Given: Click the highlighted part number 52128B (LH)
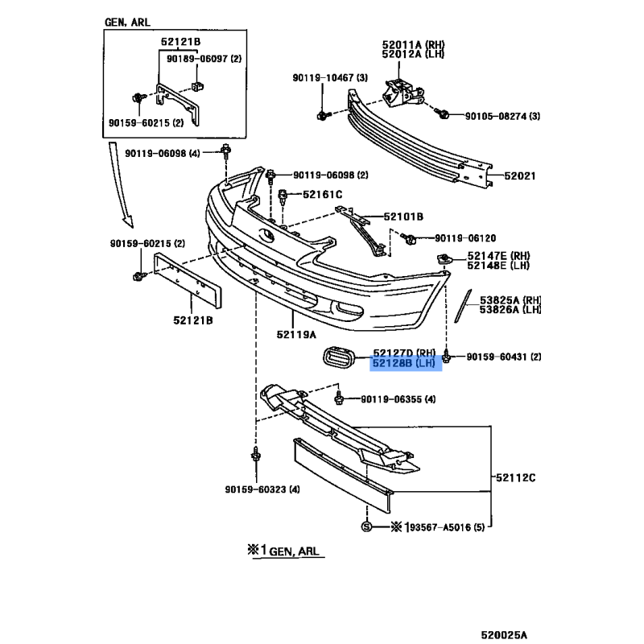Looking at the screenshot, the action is tap(404, 363).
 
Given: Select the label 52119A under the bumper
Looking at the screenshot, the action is tap(296, 335).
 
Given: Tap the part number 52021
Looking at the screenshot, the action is tap(519, 175).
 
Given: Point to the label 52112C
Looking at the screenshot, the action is tap(515, 477).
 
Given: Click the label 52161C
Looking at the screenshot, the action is tap(323, 194).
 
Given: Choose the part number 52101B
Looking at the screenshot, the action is tap(403, 217).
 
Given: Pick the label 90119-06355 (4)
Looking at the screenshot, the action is tap(398, 399).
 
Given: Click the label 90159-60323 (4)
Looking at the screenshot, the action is tap(262, 489).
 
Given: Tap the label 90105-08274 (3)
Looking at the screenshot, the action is tap(502, 116).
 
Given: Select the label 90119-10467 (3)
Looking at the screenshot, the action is tap(330, 77).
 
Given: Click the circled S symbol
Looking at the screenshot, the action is tap(366, 526).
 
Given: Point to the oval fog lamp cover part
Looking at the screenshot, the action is tap(338, 357).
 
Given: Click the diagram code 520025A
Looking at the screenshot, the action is tap(504, 635).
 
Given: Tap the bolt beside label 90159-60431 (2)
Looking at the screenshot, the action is tap(448, 357).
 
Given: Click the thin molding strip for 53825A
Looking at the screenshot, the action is tap(463, 306).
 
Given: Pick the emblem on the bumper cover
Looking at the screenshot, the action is tap(266, 235).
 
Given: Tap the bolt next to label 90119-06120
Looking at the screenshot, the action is tap(409, 238).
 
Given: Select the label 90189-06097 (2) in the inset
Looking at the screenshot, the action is tap(204, 59).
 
